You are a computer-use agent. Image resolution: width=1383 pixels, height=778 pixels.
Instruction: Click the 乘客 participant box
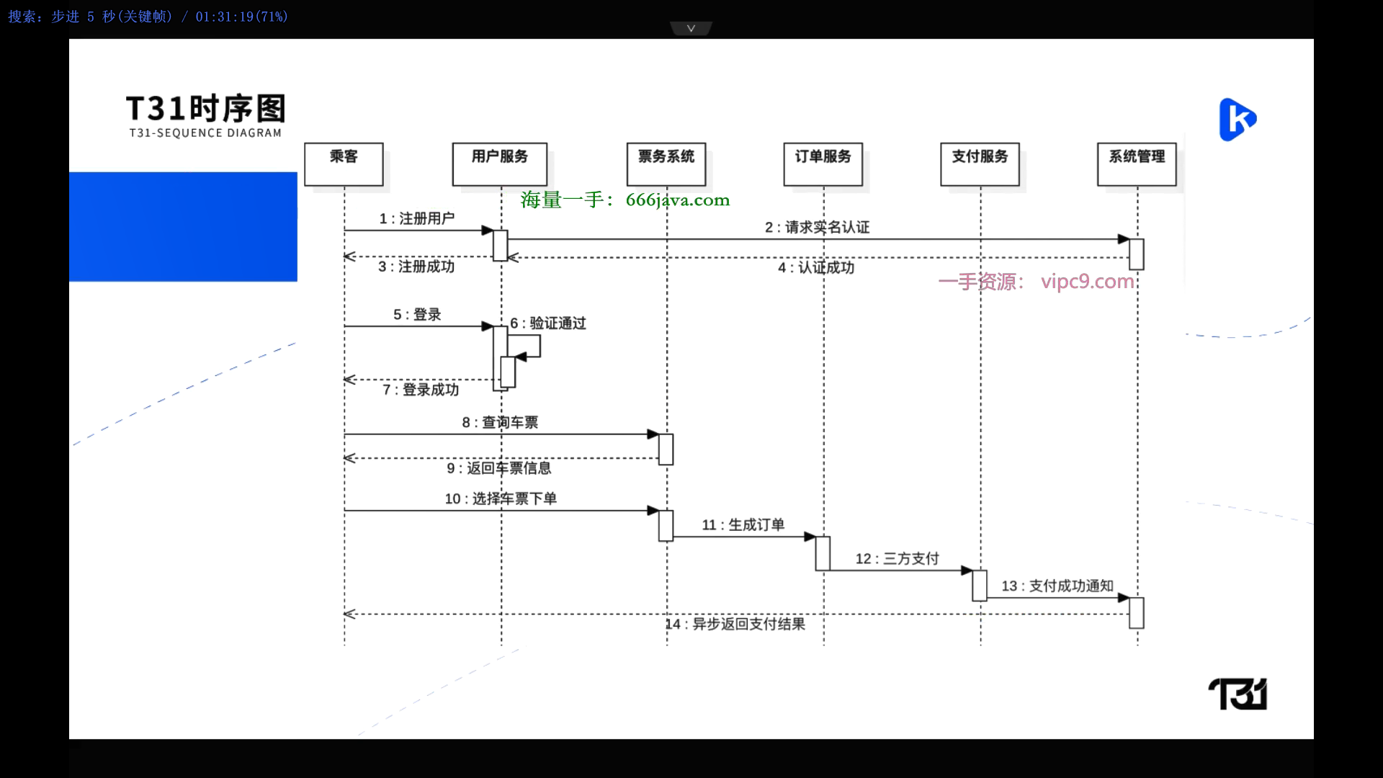344,164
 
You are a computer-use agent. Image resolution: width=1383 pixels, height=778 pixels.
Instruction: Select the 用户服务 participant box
499,164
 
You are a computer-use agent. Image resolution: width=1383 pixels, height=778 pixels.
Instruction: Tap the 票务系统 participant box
666,164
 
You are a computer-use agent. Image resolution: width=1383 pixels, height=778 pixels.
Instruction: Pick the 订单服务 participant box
823,164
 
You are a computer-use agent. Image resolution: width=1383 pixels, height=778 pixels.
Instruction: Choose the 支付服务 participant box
980,164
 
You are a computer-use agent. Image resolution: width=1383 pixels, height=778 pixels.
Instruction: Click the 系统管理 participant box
1137,164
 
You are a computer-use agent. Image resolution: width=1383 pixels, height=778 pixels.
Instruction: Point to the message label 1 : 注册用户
417,218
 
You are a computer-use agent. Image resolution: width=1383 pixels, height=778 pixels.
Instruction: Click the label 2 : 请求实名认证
817,228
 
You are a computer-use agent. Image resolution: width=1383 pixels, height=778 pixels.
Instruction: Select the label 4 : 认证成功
816,268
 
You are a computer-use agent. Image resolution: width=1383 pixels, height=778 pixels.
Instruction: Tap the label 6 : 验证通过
548,323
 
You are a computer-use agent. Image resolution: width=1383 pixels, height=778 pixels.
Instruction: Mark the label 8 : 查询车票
500,423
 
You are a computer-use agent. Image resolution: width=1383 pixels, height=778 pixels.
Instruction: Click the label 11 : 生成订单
743,525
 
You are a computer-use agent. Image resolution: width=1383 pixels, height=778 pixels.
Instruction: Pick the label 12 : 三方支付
898,559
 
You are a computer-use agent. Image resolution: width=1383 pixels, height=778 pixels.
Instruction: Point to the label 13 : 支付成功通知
1057,586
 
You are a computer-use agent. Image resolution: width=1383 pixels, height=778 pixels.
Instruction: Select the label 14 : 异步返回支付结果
735,624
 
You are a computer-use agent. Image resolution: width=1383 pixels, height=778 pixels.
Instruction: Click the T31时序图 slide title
206,109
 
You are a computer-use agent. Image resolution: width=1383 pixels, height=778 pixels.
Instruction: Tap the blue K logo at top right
1237,120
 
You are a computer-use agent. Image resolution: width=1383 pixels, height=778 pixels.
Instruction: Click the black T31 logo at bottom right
1237,694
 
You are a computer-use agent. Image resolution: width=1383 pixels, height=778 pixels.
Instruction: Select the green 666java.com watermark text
625,200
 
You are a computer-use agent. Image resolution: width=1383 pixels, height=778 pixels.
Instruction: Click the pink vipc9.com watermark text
1037,282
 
